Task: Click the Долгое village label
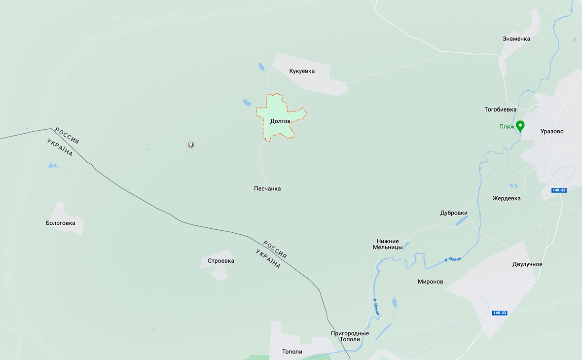tap(280, 121)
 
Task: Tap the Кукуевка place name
tap(302, 72)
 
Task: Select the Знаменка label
tap(516, 39)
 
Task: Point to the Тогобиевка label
tap(500, 109)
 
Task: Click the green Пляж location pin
tap(520, 126)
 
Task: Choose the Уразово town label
tap(551, 132)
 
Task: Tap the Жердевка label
tap(506, 199)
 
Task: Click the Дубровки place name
tap(454, 213)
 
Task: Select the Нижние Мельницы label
tap(388, 244)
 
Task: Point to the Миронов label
tap(430, 282)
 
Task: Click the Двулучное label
tap(527, 264)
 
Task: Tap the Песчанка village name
tap(267, 189)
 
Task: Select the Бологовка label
tap(61, 223)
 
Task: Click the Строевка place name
tap(221, 261)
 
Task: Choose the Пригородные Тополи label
tap(350, 337)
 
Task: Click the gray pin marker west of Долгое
tap(190, 144)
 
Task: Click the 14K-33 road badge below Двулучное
tap(499, 313)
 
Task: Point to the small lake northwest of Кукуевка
tap(261, 67)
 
